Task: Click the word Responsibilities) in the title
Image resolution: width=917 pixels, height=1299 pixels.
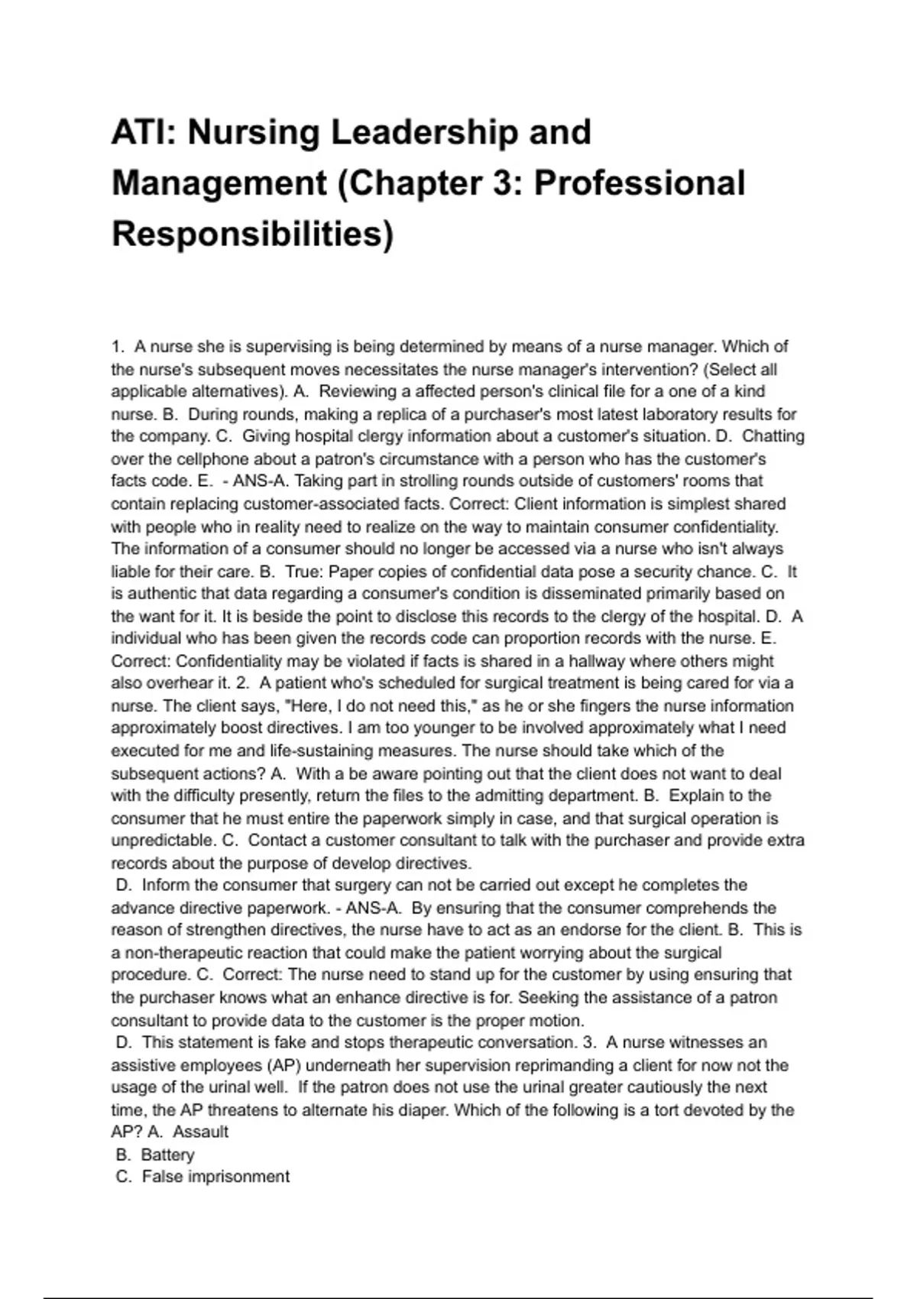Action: [252, 234]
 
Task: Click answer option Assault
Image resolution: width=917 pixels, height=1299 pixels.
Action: [200, 1132]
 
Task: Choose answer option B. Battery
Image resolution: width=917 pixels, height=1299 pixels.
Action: [156, 1155]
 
